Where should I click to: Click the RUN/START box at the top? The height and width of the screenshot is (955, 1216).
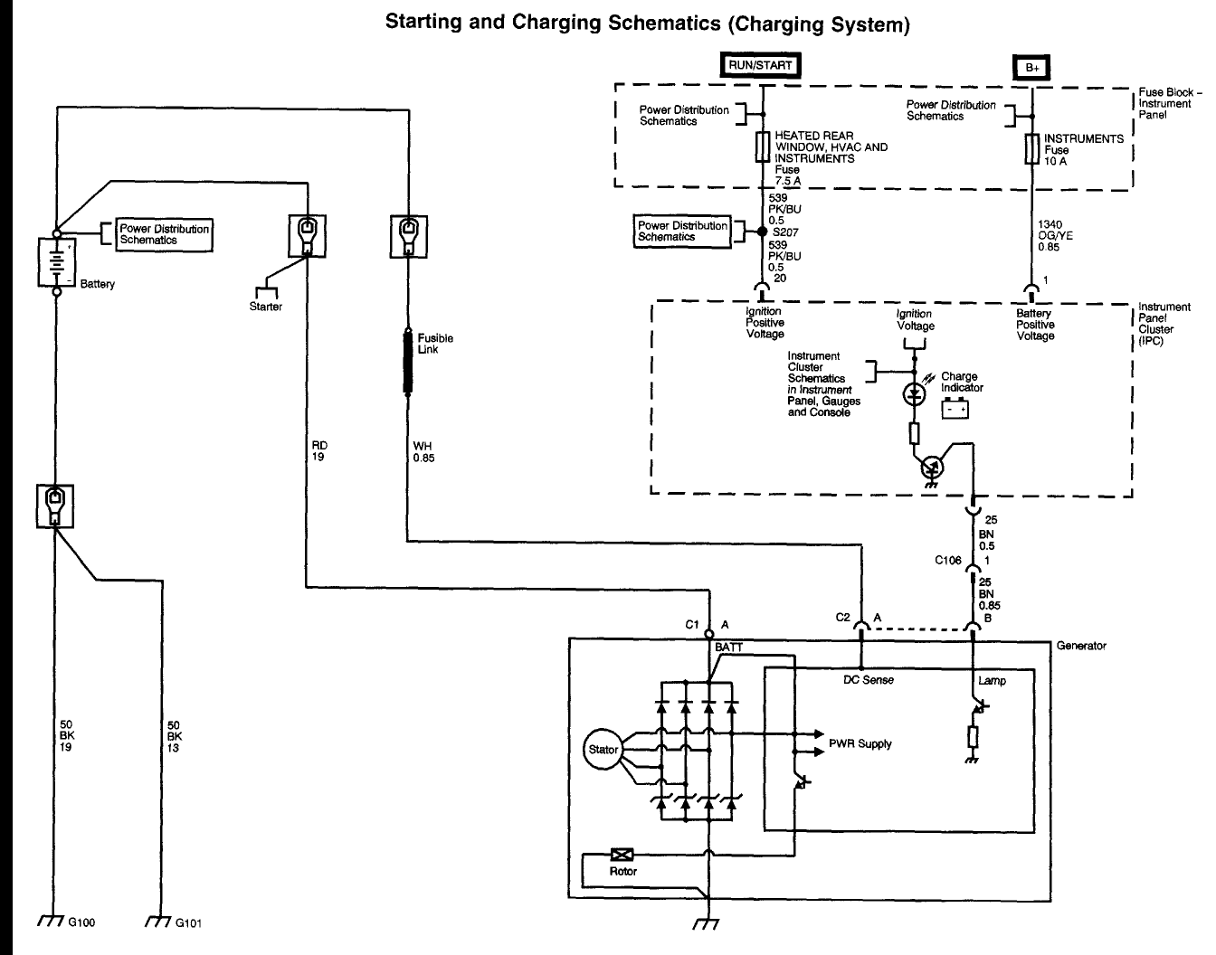click(x=761, y=65)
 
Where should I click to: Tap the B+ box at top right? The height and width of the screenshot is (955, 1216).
click(x=1032, y=68)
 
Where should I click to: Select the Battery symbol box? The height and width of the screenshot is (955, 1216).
click(x=56, y=262)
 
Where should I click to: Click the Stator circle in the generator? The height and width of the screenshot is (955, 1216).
click(x=603, y=749)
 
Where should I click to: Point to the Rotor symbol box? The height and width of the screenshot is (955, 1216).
click(x=622, y=855)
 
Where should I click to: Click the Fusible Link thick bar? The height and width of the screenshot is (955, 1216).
click(x=408, y=362)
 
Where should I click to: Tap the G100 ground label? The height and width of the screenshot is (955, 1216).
click(x=81, y=922)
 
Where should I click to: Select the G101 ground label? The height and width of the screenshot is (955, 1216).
click(x=188, y=923)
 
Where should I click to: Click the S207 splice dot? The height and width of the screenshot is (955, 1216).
click(x=762, y=232)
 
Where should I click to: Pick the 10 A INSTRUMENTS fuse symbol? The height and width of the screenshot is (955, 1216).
click(x=1032, y=148)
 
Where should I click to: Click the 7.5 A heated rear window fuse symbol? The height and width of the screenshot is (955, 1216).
click(x=763, y=147)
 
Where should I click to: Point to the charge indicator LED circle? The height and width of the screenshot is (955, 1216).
click(x=915, y=394)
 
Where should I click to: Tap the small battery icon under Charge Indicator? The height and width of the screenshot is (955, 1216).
click(x=955, y=408)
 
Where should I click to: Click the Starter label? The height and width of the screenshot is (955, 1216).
click(x=266, y=307)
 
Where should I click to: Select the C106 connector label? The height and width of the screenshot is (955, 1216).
click(x=948, y=561)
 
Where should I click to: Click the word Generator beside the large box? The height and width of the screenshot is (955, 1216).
click(x=1081, y=646)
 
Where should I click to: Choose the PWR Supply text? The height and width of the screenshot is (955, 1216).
click(x=860, y=743)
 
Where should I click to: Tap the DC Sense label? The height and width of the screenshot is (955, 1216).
click(x=869, y=680)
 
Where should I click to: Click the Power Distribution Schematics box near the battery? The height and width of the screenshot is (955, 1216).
click(x=164, y=235)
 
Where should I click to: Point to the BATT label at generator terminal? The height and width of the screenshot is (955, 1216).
click(x=728, y=647)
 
